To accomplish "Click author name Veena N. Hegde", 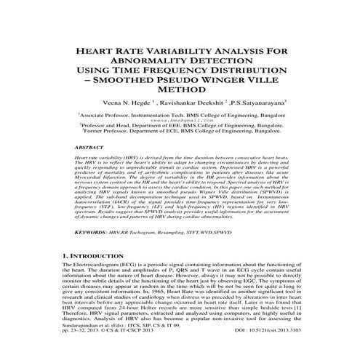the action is [x=127, y=103].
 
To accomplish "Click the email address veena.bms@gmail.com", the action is [x=180, y=120].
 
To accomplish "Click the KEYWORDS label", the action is [x=97, y=232].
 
